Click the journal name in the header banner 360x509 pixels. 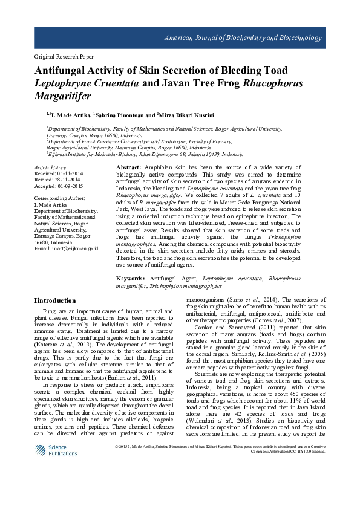(x=243, y=38)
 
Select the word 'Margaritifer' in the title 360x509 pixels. (x=63, y=96)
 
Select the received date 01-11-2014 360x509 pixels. (x=67, y=173)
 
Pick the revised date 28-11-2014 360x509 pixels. (x=65, y=180)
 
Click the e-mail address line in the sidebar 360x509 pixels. (x=66, y=265)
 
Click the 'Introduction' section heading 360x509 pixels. (x=56, y=300)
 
